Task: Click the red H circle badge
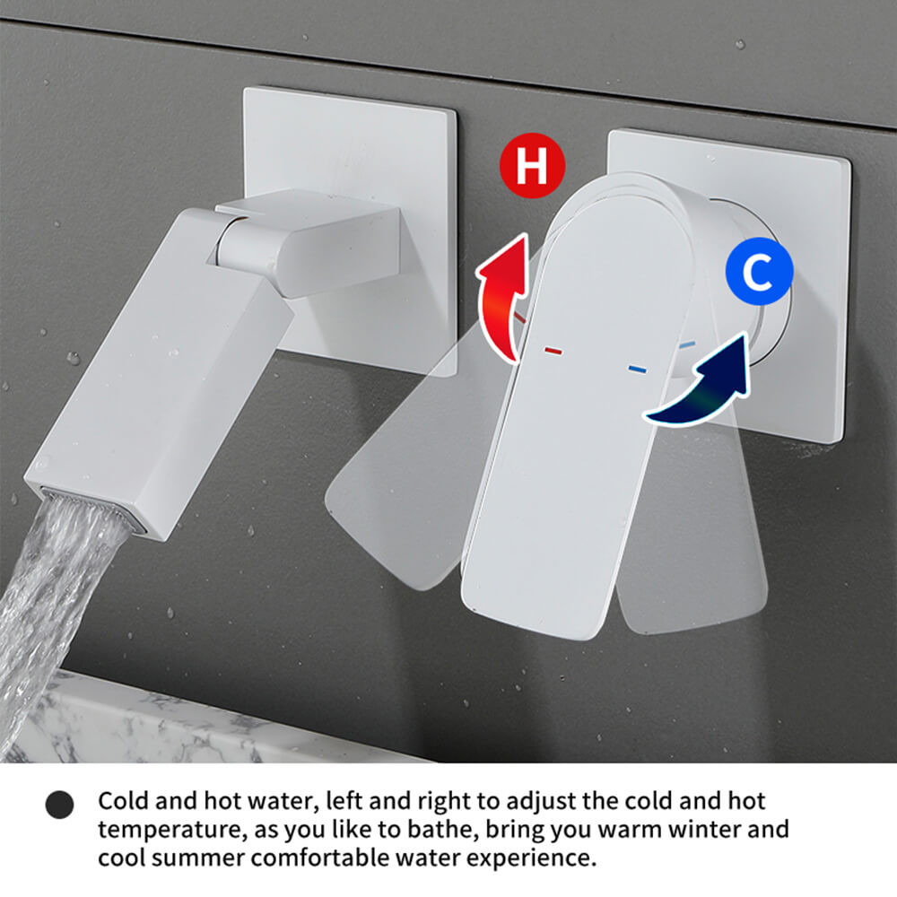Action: tap(532, 166)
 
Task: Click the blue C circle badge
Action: tap(759, 271)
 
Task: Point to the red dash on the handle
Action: tap(553, 351)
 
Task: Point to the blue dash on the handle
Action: tap(637, 369)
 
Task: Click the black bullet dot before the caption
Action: tap(59, 805)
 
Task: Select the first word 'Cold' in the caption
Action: tap(122, 801)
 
